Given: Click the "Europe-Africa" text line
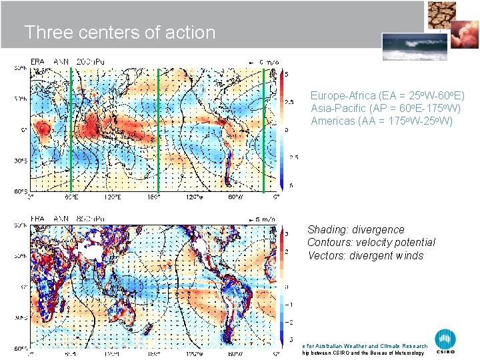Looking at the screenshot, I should (387, 96).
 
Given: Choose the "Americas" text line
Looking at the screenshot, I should (381, 121).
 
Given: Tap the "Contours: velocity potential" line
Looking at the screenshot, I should (371, 243).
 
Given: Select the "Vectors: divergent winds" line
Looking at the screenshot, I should (365, 256).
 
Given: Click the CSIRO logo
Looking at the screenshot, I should (445, 341).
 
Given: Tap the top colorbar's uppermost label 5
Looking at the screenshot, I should (287, 74).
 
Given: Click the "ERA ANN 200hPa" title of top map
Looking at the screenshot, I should (63, 61).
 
